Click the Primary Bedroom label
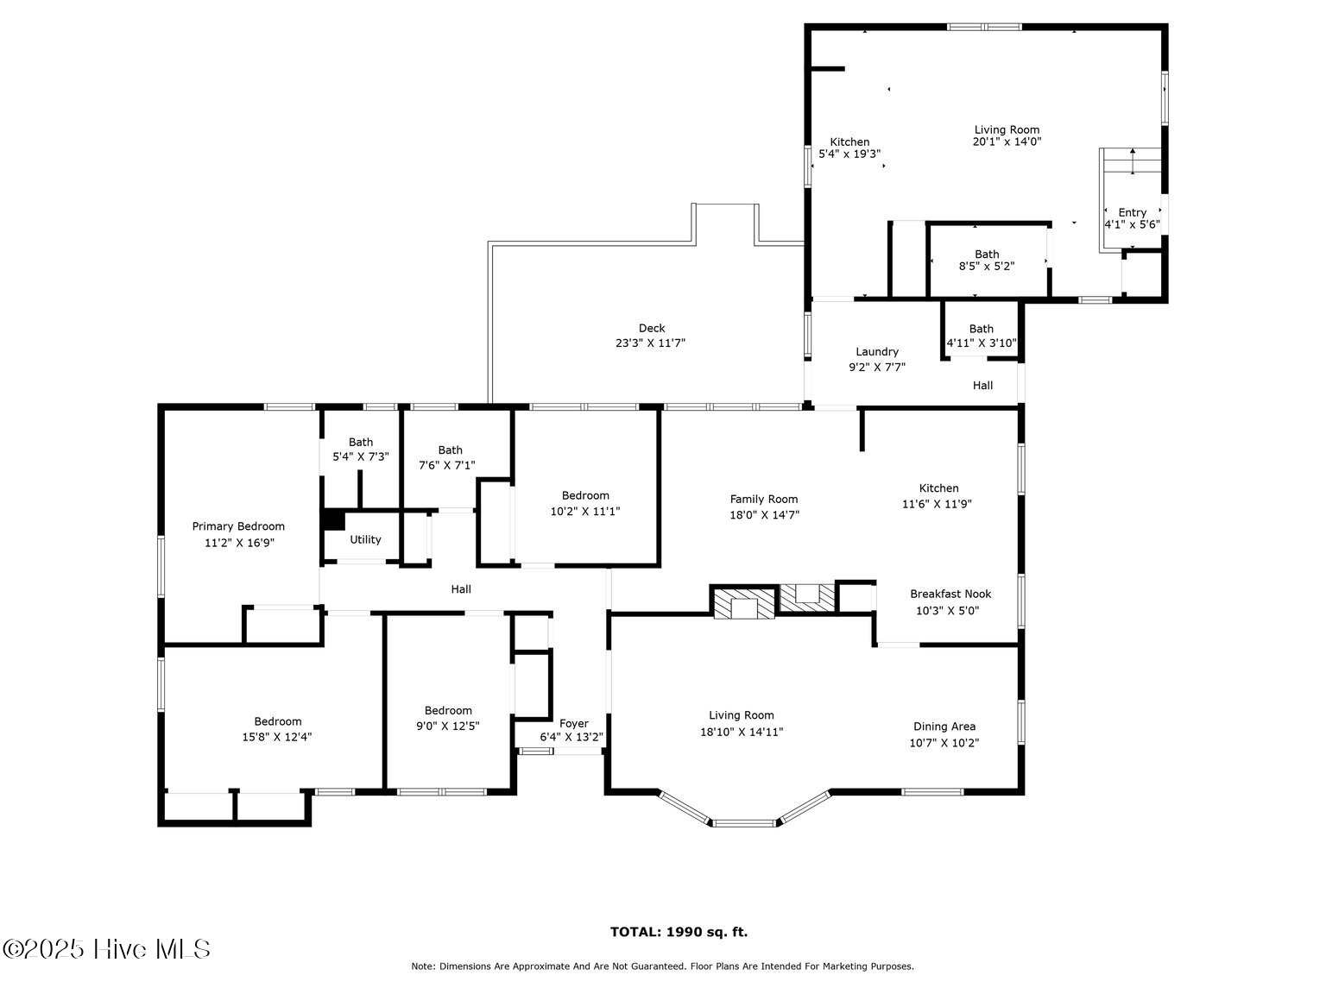238,526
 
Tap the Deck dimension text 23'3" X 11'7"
652,343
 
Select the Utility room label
365,540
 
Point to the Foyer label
574,724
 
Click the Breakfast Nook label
950,595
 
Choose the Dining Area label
944,727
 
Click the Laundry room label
877,352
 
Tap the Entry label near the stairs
1132,212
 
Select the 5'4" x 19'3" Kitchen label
849,154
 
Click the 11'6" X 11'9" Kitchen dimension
938,504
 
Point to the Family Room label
764,500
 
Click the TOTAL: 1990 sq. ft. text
679,932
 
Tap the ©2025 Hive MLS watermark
106,950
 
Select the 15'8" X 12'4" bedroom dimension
277,738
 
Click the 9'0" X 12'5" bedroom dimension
448,727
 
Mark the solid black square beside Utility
333,520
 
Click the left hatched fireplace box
742,603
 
